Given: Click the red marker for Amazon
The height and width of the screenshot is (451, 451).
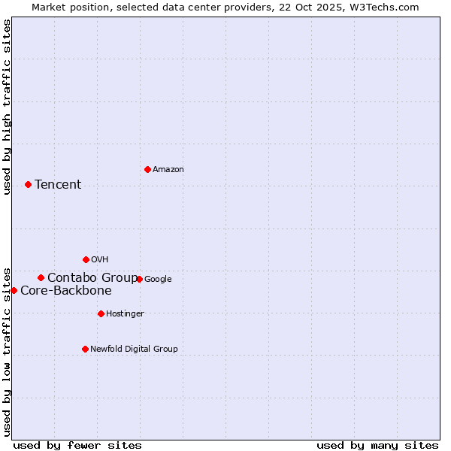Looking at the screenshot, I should coord(147,169).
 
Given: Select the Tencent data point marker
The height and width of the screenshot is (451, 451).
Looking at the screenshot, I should coord(28,184).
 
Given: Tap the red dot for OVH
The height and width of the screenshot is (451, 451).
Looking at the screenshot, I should coord(86,259).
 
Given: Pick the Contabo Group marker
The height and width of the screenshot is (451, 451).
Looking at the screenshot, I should coord(41,277).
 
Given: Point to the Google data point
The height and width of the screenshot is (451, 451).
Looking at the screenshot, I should coord(139,279).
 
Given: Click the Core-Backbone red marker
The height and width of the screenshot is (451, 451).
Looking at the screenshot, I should coord(14,290).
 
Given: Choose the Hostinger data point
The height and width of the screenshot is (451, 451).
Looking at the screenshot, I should coord(101,313).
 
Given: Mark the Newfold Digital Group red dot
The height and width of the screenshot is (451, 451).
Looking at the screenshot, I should coord(85,349).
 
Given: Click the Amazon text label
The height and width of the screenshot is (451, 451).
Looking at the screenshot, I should coord(168,170).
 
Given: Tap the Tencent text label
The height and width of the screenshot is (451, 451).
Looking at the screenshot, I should coord(58,185).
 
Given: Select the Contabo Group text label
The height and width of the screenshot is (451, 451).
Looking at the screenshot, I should coord(92,278).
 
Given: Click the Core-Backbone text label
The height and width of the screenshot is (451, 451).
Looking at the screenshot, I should coord(66,291).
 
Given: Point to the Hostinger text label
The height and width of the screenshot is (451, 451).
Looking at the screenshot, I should coord(125,314).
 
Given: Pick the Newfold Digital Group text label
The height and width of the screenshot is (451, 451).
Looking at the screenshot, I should coord(134,350).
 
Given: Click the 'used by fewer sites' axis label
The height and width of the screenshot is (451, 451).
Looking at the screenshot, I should coord(77,445).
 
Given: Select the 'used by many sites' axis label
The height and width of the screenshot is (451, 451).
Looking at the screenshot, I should coord(377,445).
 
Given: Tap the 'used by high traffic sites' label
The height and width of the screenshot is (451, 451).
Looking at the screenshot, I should coord(7,107).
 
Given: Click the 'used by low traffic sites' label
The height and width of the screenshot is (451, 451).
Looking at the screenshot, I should coord(7,351).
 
